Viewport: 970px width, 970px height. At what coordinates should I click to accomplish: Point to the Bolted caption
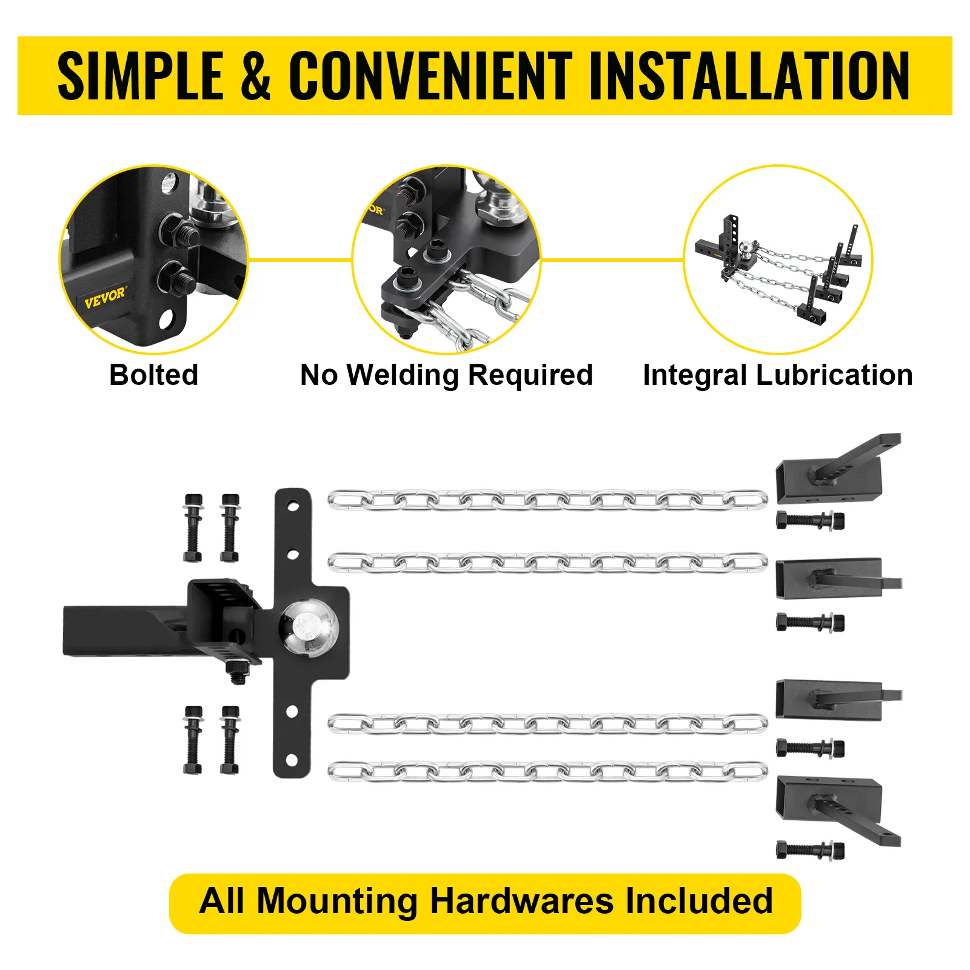click(154, 375)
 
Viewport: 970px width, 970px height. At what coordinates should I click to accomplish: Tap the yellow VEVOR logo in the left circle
click(105, 298)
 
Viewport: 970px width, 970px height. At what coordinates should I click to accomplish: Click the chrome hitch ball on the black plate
click(306, 627)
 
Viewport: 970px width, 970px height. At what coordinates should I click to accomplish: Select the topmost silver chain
click(547, 501)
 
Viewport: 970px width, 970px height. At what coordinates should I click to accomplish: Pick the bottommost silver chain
click(547, 771)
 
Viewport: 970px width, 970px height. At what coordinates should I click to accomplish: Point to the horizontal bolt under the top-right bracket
click(810, 520)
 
